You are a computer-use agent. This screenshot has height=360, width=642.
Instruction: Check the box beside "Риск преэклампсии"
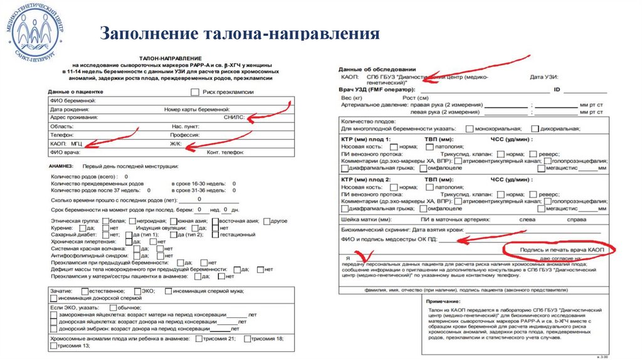point(194,92)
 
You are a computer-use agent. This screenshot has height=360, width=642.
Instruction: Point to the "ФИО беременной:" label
point(72,100)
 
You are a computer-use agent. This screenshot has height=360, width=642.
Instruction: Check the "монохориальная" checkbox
point(470,129)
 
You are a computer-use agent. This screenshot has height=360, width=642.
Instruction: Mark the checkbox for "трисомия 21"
point(198,339)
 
